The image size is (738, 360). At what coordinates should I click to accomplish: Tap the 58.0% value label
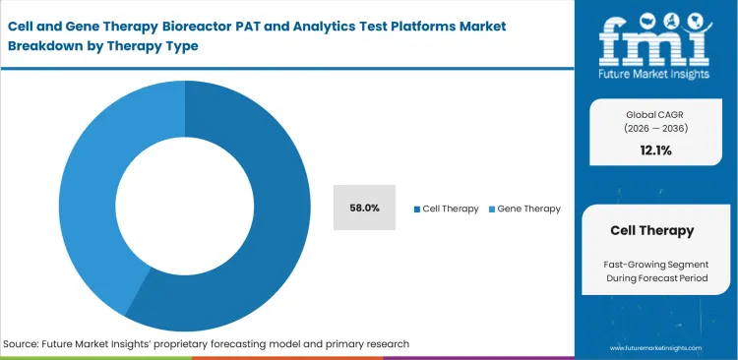tap(365, 208)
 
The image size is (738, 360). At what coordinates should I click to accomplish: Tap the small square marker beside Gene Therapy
tap(492, 209)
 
